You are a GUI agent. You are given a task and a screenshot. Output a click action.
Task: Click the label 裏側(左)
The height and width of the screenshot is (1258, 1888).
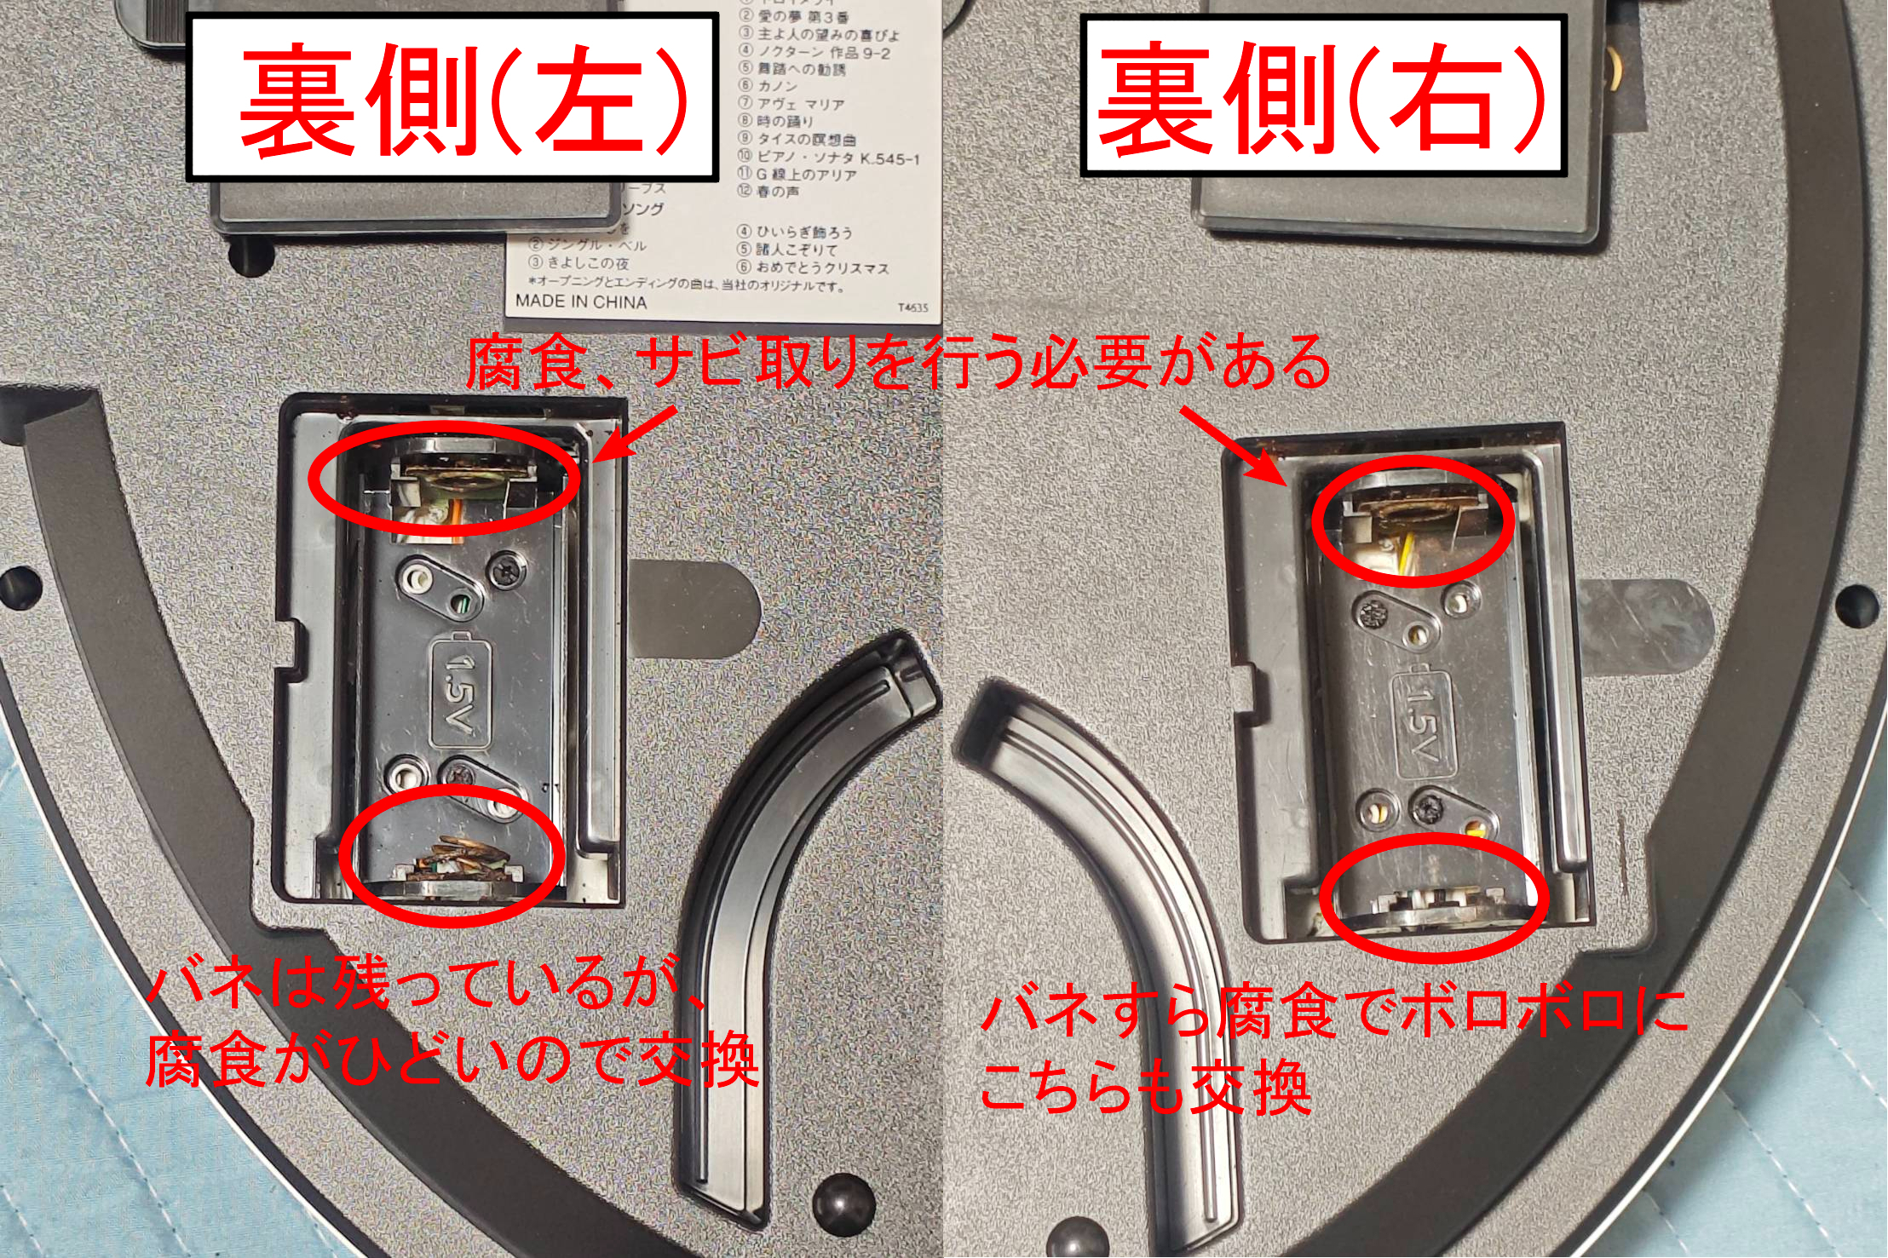pyautogui.click(x=452, y=98)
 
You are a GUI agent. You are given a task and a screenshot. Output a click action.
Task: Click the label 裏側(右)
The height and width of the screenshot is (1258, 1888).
pyautogui.click(x=1323, y=96)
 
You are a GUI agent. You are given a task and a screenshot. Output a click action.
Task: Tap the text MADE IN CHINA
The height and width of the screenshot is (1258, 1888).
pyautogui.click(x=580, y=302)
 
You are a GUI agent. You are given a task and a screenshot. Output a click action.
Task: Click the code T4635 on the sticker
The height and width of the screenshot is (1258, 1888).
pyautogui.click(x=912, y=307)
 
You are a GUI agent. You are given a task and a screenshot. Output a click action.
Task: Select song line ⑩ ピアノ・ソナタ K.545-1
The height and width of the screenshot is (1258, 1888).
pyautogui.click(x=829, y=158)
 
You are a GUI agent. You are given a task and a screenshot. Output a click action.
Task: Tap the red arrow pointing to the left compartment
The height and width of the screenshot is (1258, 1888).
pyautogui.click(x=635, y=434)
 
